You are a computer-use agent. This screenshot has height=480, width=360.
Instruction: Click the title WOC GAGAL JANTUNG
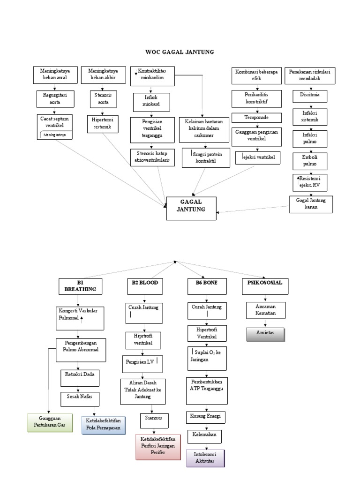180,52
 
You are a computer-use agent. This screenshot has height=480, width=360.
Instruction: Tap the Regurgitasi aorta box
55,99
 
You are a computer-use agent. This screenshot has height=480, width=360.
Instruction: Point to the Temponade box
256,117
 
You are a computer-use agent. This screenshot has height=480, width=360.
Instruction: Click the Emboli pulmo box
309,161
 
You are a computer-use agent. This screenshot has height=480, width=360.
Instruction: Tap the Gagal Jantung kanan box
311,203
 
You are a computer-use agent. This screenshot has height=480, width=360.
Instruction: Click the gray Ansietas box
265,335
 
